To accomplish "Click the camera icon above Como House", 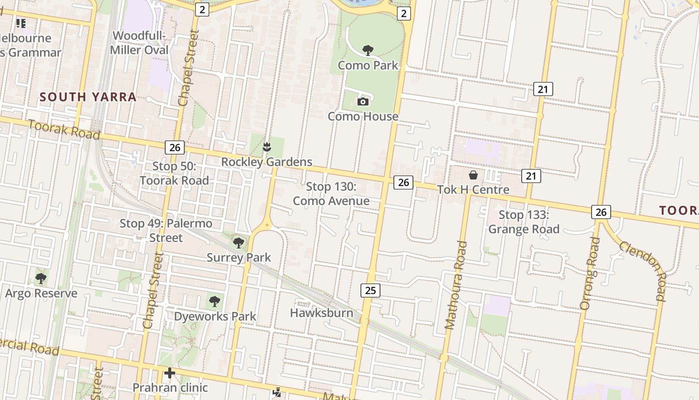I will (363, 102).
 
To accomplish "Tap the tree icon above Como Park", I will (368, 50).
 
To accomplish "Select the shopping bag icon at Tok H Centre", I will (473, 175).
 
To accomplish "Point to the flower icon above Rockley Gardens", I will (267, 147).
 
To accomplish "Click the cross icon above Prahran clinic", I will (170, 373).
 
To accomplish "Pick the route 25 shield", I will (370, 290).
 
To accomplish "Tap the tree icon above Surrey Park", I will (239, 243).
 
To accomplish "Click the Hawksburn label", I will (322, 313).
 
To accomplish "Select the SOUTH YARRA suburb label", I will (88, 97).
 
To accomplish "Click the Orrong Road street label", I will (589, 273).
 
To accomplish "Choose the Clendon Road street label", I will (643, 270).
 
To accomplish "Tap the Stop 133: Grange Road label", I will (524, 222).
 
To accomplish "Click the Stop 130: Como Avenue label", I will (331, 194).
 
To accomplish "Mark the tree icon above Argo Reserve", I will (41, 278).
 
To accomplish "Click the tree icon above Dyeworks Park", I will (215, 301).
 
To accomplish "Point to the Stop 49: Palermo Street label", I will (166, 230).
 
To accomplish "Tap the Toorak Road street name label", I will (64, 129).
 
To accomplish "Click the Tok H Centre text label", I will (473, 190).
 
